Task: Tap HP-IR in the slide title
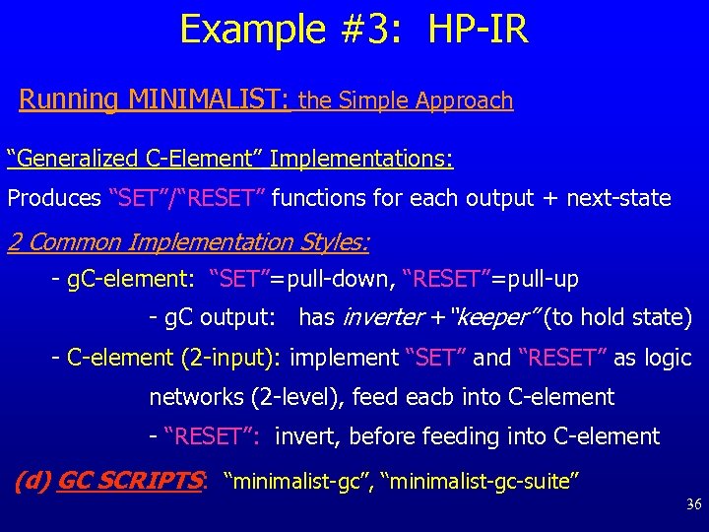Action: click(x=479, y=29)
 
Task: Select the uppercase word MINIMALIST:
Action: click(x=208, y=100)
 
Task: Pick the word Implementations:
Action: click(x=360, y=158)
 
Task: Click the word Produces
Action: click(x=54, y=198)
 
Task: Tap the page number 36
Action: click(x=692, y=505)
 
